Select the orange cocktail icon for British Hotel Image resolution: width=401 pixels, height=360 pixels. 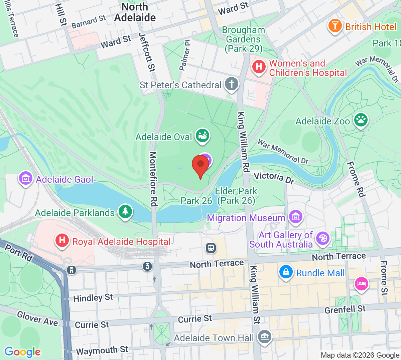335,26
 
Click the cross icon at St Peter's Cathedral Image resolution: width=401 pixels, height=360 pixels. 231,84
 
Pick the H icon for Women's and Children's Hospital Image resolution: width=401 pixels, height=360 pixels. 259,67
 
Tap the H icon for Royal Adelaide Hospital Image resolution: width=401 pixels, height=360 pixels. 62,241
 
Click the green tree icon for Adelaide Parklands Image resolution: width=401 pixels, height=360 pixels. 125,211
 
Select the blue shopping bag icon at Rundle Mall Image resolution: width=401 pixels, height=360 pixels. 286,272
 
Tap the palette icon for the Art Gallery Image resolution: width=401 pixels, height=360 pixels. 322,239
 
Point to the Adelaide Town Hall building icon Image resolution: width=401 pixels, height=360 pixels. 265,336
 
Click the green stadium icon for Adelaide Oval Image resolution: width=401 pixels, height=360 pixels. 202,136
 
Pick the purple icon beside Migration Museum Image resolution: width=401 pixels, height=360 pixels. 296,217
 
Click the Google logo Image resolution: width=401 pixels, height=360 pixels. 22,352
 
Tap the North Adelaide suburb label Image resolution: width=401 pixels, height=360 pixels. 135,12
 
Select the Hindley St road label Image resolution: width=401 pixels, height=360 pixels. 93,297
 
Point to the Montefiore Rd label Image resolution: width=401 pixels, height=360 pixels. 153,179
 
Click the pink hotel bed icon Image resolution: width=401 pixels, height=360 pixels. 361,284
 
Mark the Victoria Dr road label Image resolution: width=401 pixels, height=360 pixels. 274,178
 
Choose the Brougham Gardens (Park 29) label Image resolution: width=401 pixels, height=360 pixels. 243,39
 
